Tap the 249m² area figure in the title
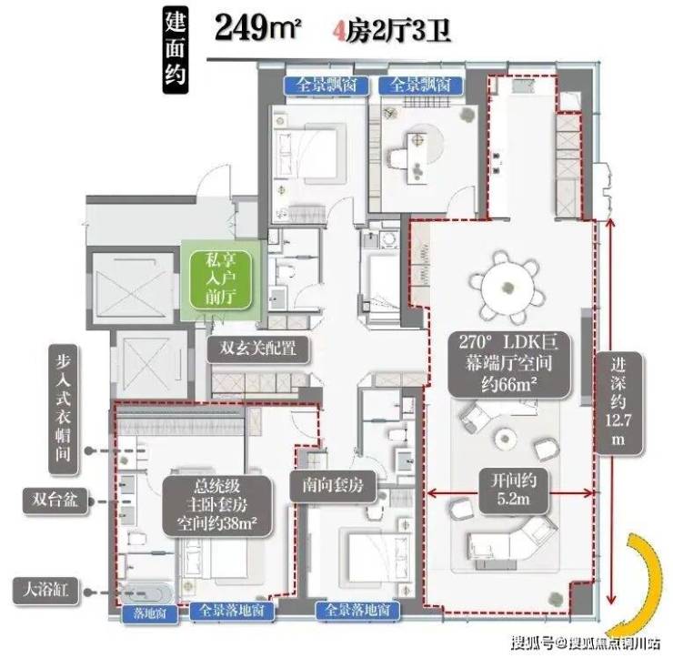(x=257, y=27)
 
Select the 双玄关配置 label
(x=258, y=348)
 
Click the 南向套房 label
(x=333, y=486)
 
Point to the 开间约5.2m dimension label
(x=513, y=490)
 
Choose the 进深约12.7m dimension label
(x=618, y=403)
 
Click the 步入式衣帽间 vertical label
(x=63, y=409)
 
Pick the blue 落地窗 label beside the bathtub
(x=150, y=613)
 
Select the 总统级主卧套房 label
(x=216, y=505)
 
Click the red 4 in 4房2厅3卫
(x=339, y=31)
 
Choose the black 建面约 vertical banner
(x=176, y=51)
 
